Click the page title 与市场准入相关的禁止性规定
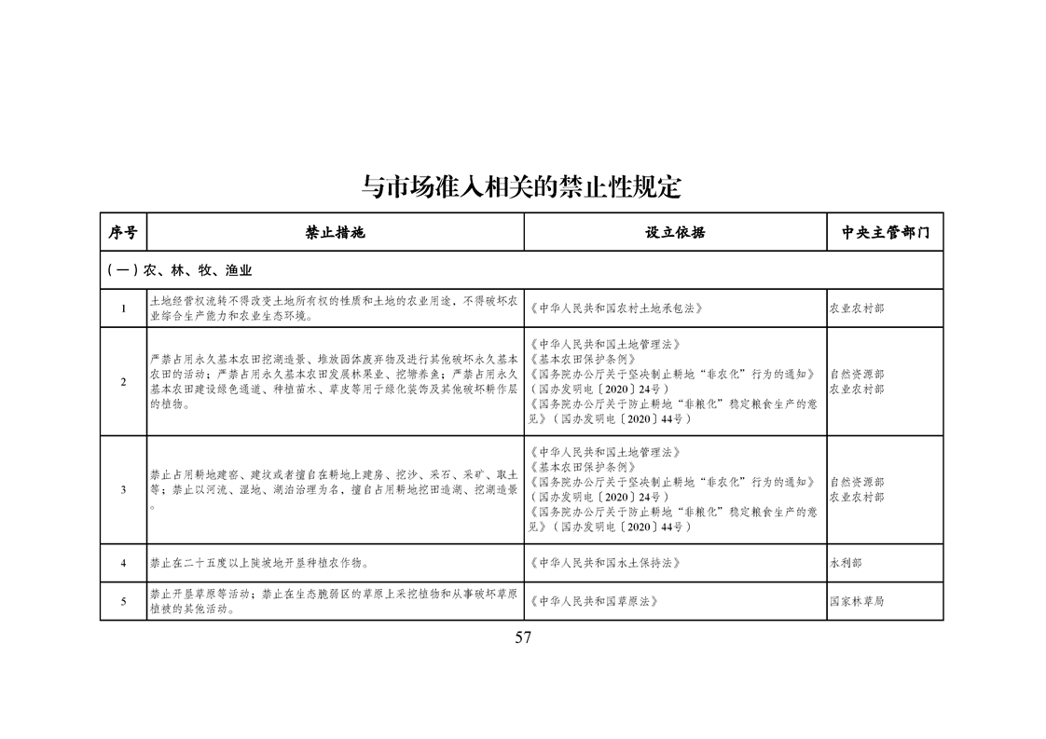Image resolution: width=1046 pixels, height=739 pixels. pyautogui.click(x=522, y=187)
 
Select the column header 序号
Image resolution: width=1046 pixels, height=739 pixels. pyautogui.click(x=123, y=232)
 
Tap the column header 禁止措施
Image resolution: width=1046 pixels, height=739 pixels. pyautogui.click(x=336, y=232)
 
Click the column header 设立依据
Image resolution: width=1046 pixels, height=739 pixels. pyautogui.click(x=675, y=232)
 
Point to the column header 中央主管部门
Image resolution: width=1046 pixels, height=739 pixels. pyautogui.click(x=885, y=232)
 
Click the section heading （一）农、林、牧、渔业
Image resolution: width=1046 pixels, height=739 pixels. pyautogui.click(x=180, y=270)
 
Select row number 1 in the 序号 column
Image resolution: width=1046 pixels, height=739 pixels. pyautogui.click(x=123, y=308)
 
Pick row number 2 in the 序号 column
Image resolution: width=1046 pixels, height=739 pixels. pyautogui.click(x=123, y=381)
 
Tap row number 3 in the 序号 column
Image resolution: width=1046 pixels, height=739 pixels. pyautogui.click(x=123, y=489)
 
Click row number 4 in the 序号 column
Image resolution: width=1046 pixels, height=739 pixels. pyautogui.click(x=123, y=563)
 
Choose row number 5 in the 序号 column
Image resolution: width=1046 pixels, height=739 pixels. pyautogui.click(x=123, y=601)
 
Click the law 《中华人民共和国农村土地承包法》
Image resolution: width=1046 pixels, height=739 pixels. pyautogui.click(x=614, y=308)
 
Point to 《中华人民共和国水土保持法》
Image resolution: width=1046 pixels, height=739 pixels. pyautogui.click(x=606, y=563)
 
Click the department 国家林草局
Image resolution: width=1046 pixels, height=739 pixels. pyautogui.click(x=857, y=601)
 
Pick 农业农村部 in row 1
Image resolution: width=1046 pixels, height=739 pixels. pyautogui.click(x=857, y=308)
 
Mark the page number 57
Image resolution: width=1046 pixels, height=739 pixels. pyautogui.click(x=522, y=637)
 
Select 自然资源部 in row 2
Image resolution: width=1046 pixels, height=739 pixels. pyautogui.click(x=857, y=374)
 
